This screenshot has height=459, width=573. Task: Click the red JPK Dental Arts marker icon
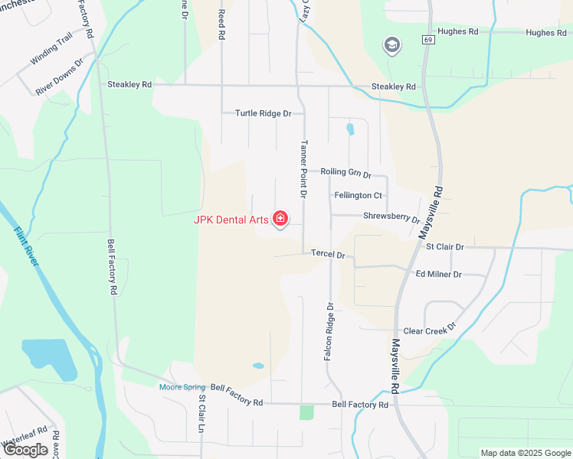coord(280,220)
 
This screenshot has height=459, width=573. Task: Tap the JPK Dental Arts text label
coord(231,220)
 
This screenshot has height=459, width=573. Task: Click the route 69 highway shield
coord(427,39)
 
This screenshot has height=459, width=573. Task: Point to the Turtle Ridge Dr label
coord(264,113)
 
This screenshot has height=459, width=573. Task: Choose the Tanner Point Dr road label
coord(304,169)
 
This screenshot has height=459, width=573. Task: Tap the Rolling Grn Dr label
coord(345,173)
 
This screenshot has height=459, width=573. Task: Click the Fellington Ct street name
coord(359,196)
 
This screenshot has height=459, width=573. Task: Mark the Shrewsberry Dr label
coord(391,217)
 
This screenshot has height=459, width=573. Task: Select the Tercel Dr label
coord(328,254)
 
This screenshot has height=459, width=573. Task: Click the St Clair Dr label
coord(445,247)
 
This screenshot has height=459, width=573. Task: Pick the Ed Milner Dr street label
coord(438,274)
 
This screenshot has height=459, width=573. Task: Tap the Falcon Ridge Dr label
coord(331,331)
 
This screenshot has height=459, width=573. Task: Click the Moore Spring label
coord(182,387)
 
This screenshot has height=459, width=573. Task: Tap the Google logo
coord(25,450)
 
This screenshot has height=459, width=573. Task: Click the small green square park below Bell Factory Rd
coord(306,412)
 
